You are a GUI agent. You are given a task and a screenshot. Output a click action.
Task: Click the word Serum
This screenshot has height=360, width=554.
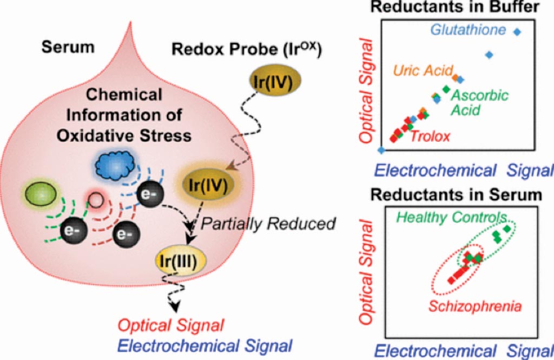tap(68, 48)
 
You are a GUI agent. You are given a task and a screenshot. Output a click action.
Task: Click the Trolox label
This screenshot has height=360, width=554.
tap(430, 136)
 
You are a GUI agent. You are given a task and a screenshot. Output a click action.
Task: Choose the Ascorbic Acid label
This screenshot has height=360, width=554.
tap(479, 103)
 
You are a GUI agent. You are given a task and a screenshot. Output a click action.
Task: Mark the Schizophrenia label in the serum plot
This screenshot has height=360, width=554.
tap(475, 306)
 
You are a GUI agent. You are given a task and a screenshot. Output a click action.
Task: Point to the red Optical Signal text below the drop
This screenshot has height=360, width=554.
tap(172, 325)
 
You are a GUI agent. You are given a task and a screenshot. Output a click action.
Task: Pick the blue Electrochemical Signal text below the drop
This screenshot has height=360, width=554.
tap(205, 345)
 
